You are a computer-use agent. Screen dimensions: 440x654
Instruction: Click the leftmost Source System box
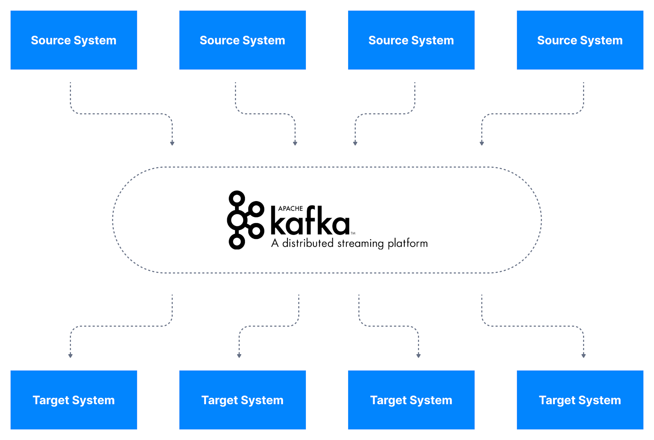click(74, 40)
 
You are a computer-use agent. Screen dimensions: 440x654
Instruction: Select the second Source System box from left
click(242, 40)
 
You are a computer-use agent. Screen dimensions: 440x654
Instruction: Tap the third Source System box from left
click(411, 40)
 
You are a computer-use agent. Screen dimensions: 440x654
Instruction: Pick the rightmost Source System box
click(580, 40)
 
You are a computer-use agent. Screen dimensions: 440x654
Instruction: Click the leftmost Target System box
click(74, 400)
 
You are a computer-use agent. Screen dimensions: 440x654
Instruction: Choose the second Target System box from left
click(242, 400)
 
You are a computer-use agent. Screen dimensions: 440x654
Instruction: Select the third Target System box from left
click(411, 400)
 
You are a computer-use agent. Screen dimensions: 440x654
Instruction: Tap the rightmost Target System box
click(580, 400)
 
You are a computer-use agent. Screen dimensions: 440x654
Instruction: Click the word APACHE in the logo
click(290, 209)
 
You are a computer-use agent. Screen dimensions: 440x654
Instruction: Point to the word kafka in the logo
click(310, 222)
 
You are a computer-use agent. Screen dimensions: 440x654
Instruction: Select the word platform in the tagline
click(407, 244)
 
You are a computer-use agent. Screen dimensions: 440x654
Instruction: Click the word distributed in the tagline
click(308, 243)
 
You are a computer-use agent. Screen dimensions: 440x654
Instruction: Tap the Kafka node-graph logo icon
click(245, 220)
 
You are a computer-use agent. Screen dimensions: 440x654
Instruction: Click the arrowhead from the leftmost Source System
click(172, 143)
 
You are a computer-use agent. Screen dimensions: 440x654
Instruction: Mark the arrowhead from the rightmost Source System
click(482, 143)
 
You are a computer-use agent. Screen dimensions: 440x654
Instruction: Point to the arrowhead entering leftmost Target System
click(71, 356)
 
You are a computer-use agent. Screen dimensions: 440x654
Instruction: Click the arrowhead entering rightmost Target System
click(583, 356)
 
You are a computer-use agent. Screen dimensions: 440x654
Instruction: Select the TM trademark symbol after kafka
click(353, 233)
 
